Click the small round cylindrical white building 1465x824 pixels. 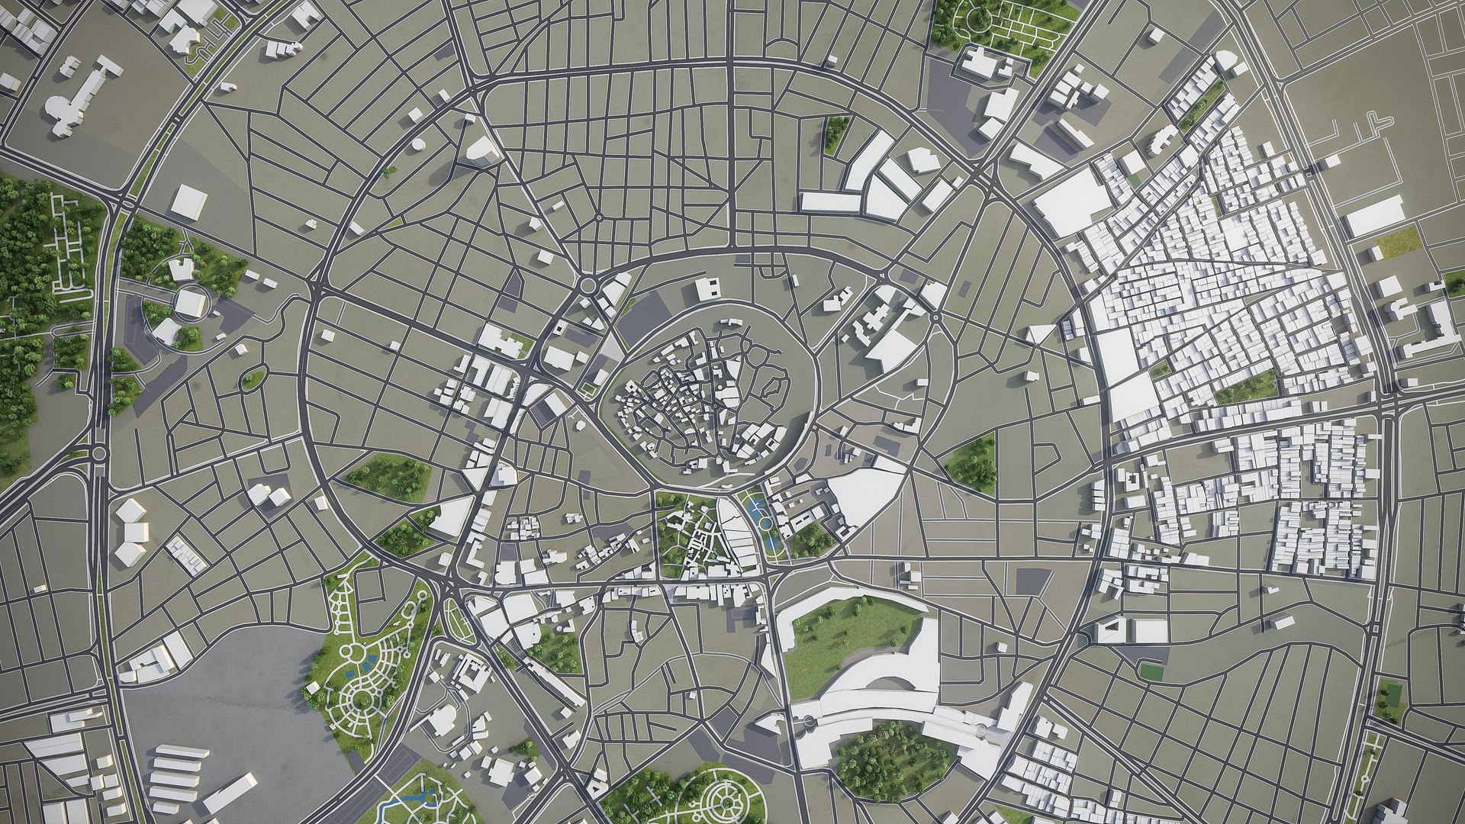(417, 143)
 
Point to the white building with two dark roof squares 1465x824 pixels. (707, 289)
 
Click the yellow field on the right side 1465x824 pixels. (1399, 242)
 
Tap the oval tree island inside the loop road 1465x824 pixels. (253, 378)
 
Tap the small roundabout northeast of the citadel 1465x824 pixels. (935, 316)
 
